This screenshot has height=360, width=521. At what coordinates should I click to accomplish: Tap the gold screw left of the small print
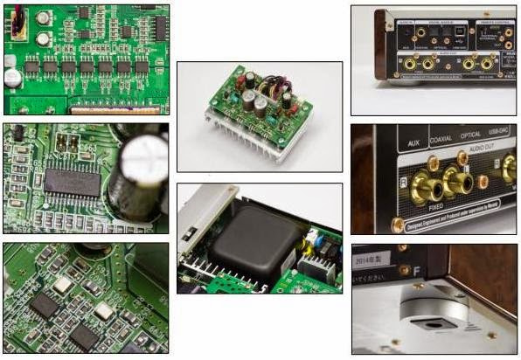pyautogui.click(x=397, y=225)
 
